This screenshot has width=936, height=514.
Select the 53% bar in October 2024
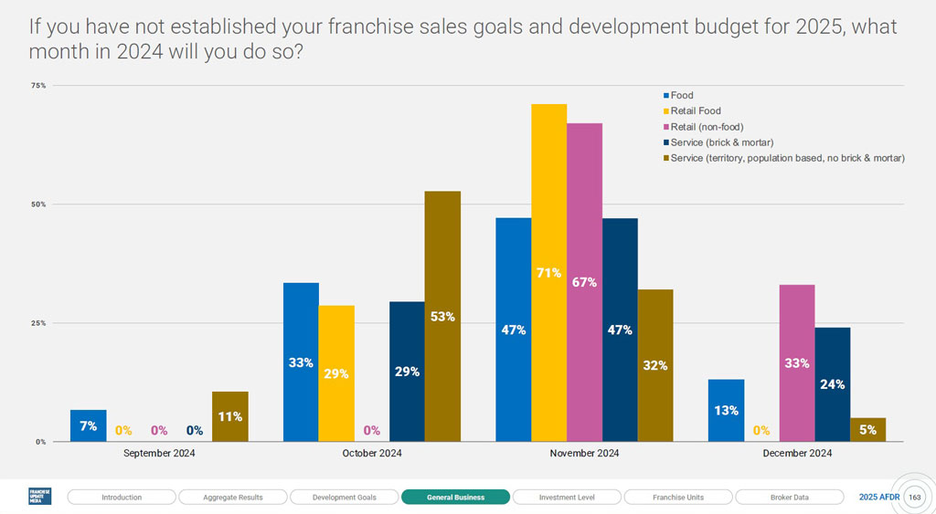point(442,316)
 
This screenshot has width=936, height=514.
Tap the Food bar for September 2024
point(88,425)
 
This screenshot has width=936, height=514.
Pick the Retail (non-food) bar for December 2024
point(796,362)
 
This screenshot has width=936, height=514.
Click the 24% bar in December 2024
point(832,383)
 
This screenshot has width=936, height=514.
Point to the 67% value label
point(584,282)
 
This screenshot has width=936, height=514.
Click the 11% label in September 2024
point(229,416)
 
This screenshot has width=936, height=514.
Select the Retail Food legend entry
point(696,111)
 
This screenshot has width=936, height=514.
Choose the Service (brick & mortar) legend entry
point(722,142)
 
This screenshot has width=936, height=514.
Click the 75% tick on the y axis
point(38,86)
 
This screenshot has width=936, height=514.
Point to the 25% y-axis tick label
point(38,323)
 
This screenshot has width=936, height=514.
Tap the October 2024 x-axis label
point(372,453)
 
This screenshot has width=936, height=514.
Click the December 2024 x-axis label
point(796,453)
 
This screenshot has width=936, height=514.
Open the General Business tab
point(455,498)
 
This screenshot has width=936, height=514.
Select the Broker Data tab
point(789,498)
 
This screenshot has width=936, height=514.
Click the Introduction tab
point(122,498)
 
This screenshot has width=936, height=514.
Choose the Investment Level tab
point(567,498)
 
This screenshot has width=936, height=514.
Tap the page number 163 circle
point(914,498)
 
